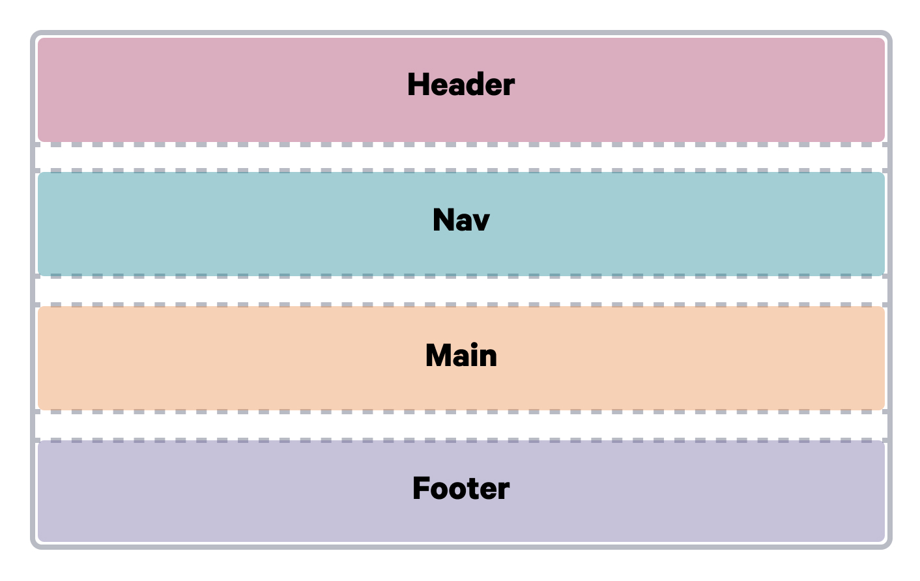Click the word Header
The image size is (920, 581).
click(461, 85)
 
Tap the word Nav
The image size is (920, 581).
click(461, 220)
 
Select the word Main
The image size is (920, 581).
click(461, 356)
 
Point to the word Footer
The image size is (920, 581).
click(461, 489)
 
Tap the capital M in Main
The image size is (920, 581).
click(438, 356)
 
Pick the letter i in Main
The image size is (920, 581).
click(473, 356)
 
